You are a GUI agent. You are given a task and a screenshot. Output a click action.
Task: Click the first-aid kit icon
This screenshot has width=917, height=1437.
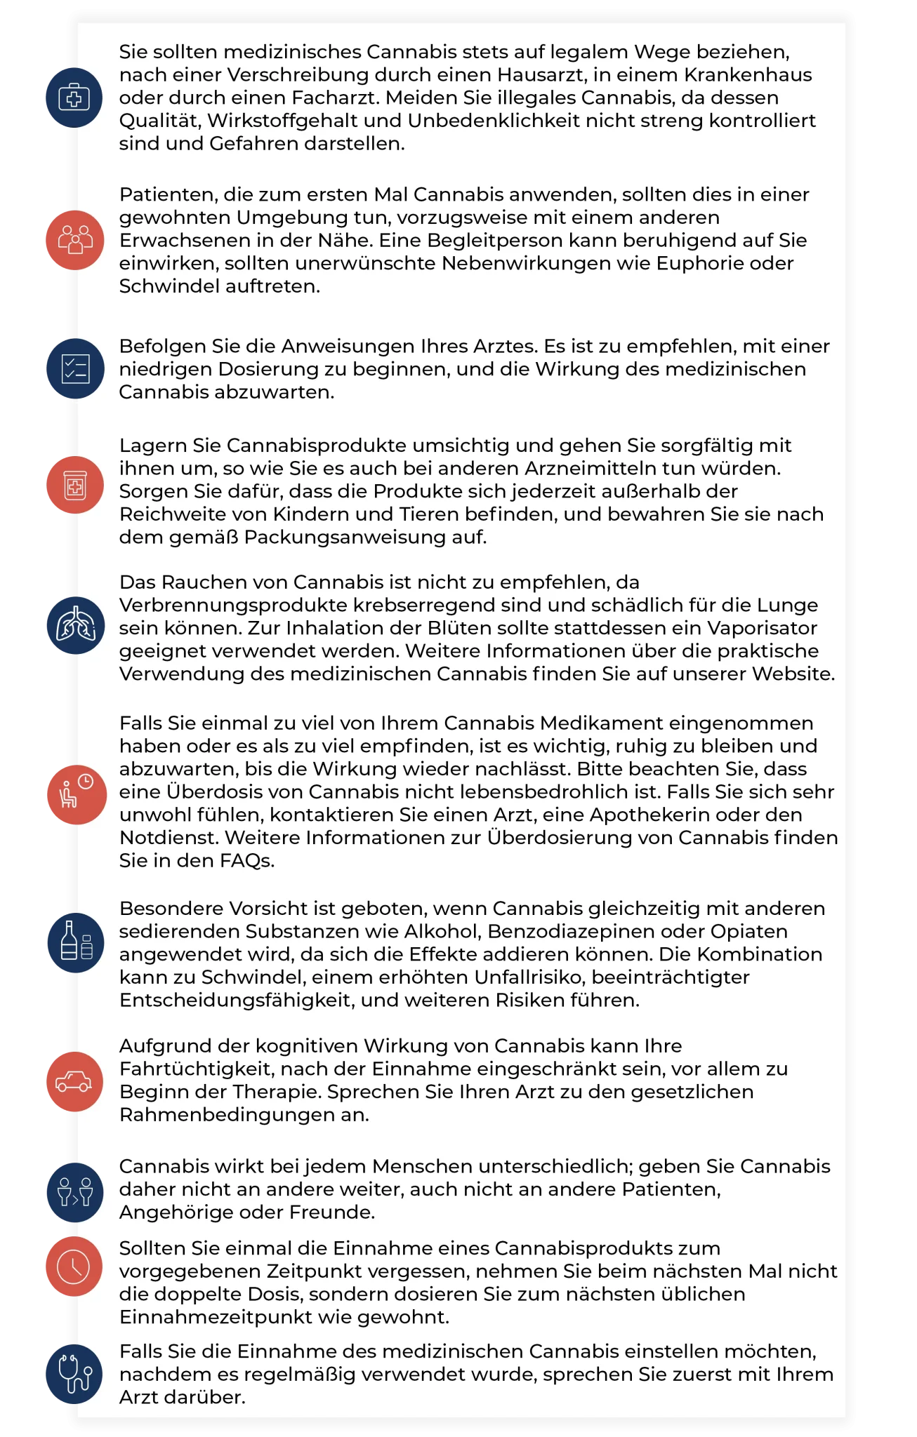click(x=74, y=98)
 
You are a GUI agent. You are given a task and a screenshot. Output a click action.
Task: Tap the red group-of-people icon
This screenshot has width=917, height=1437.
click(x=74, y=240)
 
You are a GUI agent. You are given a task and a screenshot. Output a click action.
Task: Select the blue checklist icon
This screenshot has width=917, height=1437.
click(x=74, y=368)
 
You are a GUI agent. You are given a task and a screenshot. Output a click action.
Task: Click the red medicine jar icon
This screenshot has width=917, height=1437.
click(x=74, y=485)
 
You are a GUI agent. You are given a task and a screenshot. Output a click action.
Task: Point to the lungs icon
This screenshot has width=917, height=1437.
click(x=74, y=625)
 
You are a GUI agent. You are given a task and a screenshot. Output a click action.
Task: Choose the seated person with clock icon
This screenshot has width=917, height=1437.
click(x=74, y=794)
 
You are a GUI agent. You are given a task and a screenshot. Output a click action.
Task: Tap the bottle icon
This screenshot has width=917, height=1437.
click(x=74, y=942)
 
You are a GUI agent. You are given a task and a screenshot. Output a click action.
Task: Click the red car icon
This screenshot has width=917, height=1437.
click(x=74, y=1081)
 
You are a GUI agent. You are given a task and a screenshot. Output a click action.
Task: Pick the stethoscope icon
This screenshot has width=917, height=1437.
click(x=74, y=1373)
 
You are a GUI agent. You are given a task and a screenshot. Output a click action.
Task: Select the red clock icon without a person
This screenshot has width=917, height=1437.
click(x=74, y=1266)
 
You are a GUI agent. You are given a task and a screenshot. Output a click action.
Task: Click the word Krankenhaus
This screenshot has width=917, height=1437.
click(x=748, y=75)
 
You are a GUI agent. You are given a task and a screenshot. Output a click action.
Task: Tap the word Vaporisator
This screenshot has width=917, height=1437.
click(x=762, y=628)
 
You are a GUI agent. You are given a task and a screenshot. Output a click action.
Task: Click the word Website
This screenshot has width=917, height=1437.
click(x=793, y=674)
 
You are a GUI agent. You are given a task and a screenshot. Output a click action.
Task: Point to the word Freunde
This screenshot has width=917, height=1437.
click(x=329, y=1212)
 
